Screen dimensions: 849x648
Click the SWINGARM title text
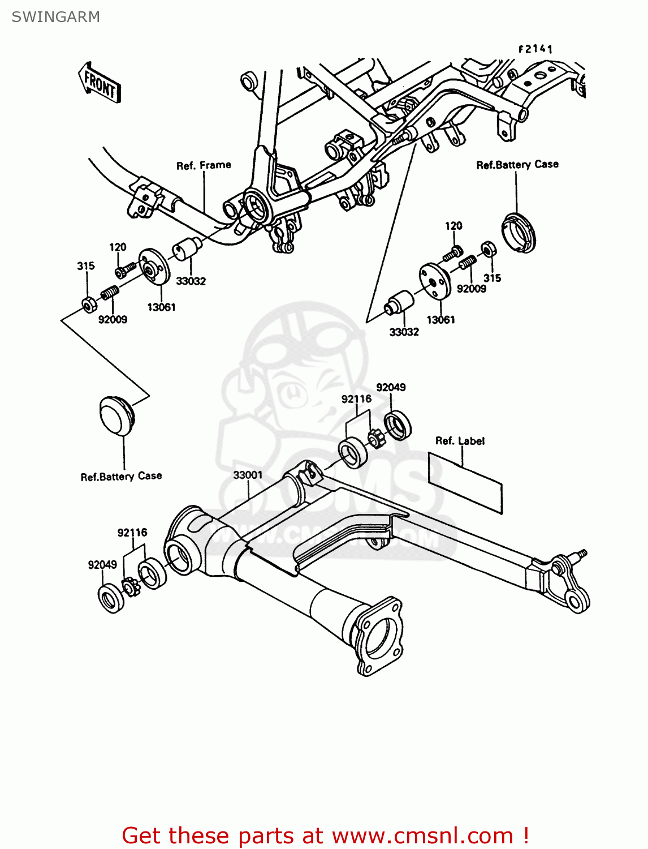pyautogui.click(x=55, y=17)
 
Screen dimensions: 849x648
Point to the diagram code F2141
pyautogui.click(x=535, y=49)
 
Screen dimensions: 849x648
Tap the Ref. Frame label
pyautogui.click(x=204, y=165)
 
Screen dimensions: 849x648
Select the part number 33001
pyautogui.click(x=248, y=475)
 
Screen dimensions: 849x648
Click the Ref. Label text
pyautogui.click(x=460, y=441)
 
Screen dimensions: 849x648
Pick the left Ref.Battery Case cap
pyautogui.click(x=116, y=417)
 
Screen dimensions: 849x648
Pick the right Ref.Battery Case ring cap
pyautogui.click(x=518, y=231)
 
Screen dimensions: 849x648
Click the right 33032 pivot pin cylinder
pyautogui.click(x=399, y=302)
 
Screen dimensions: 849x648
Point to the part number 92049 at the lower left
pyautogui.click(x=102, y=564)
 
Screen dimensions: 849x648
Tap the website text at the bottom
pyautogui.click(x=325, y=835)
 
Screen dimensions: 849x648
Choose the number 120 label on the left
pyautogui.click(x=118, y=247)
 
